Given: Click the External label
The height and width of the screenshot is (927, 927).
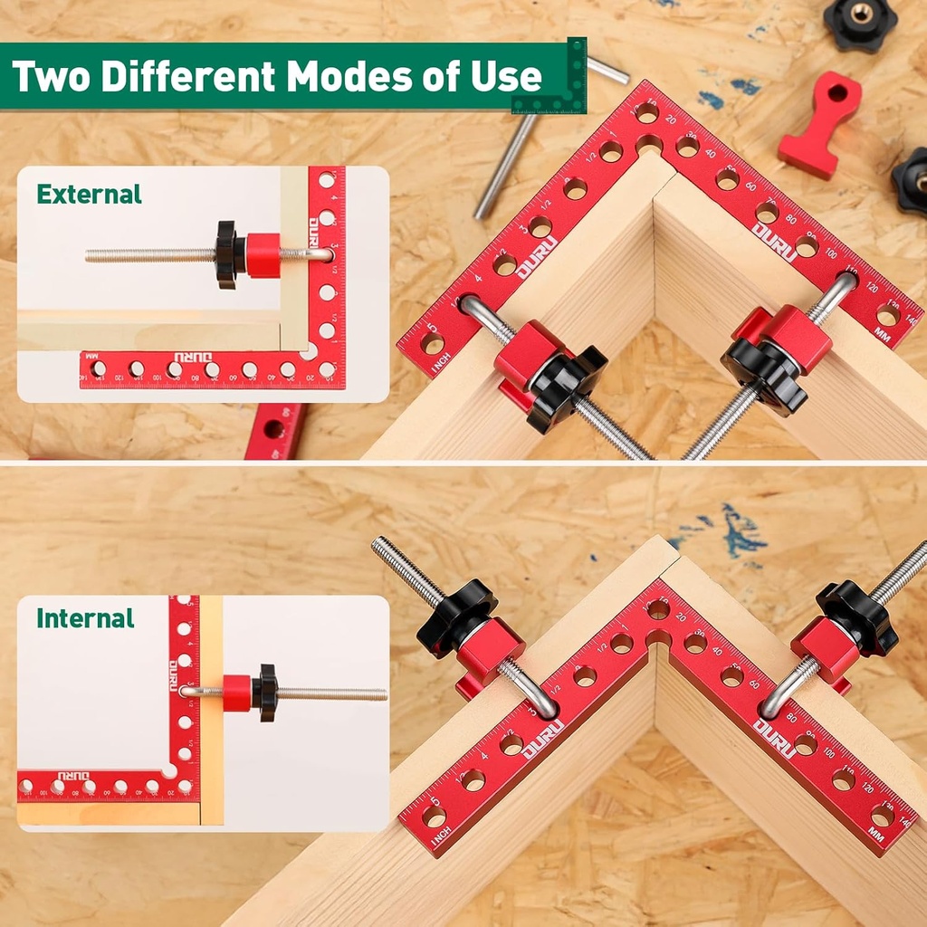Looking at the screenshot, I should click(89, 194).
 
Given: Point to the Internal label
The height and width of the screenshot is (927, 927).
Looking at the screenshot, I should click(85, 618).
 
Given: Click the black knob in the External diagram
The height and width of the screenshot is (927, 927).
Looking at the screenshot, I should click(226, 255).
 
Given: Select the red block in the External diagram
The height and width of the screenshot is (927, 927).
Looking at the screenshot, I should click(263, 255).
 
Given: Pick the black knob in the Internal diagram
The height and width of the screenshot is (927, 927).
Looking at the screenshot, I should click(266, 693).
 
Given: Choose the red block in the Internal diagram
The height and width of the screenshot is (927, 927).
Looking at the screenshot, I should click(237, 693).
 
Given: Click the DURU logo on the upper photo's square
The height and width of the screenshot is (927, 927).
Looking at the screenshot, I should click(775, 242).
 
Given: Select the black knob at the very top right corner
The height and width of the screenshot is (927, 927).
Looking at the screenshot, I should click(860, 22).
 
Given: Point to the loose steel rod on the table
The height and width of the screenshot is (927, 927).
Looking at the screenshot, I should click(507, 163).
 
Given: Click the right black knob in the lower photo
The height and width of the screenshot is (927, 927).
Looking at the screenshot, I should click(856, 616).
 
